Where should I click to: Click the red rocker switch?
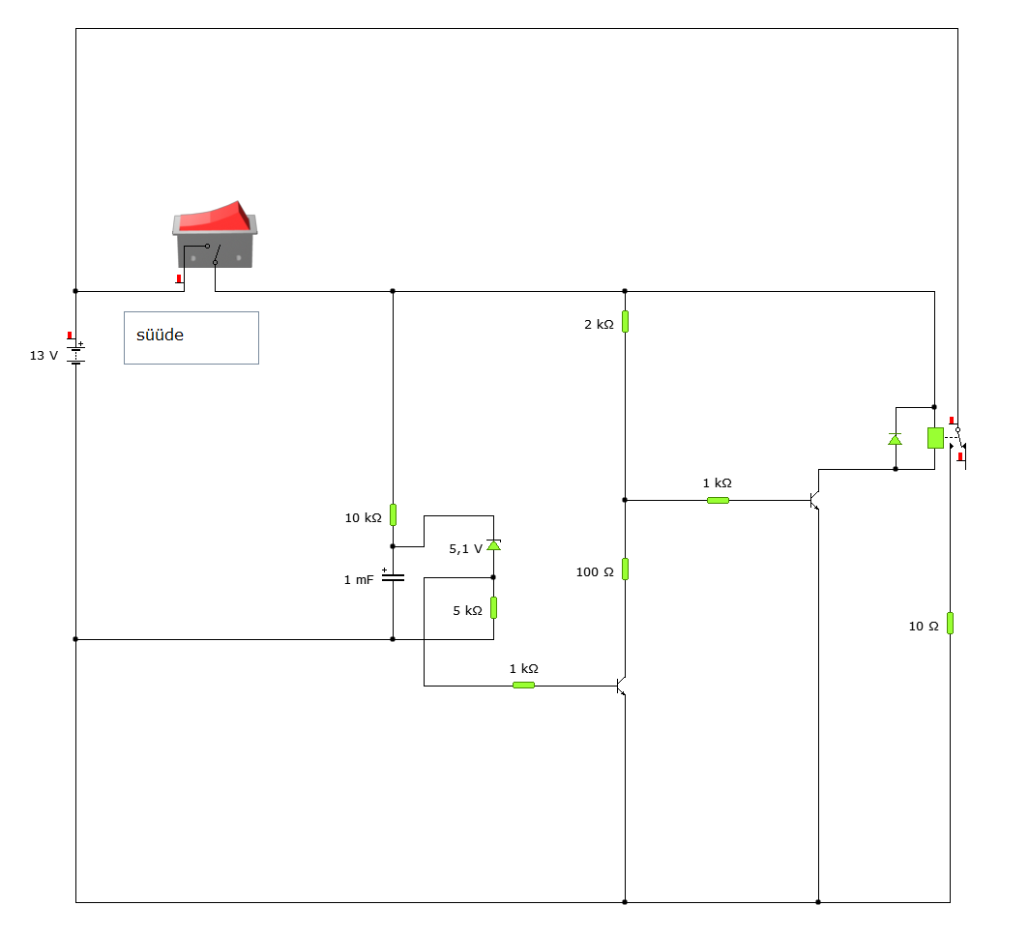[x=215, y=234]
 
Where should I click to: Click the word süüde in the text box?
[x=160, y=335]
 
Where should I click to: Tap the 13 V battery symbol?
[x=76, y=353]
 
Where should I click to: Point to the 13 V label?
[x=44, y=356]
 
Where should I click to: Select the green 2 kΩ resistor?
[x=625, y=322]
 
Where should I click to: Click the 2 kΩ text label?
[x=599, y=324]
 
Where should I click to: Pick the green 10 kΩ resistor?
[x=393, y=515]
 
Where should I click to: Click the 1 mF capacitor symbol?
[x=393, y=577]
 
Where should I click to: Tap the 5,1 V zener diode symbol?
[x=493, y=544]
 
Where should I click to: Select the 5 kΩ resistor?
[x=493, y=607]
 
